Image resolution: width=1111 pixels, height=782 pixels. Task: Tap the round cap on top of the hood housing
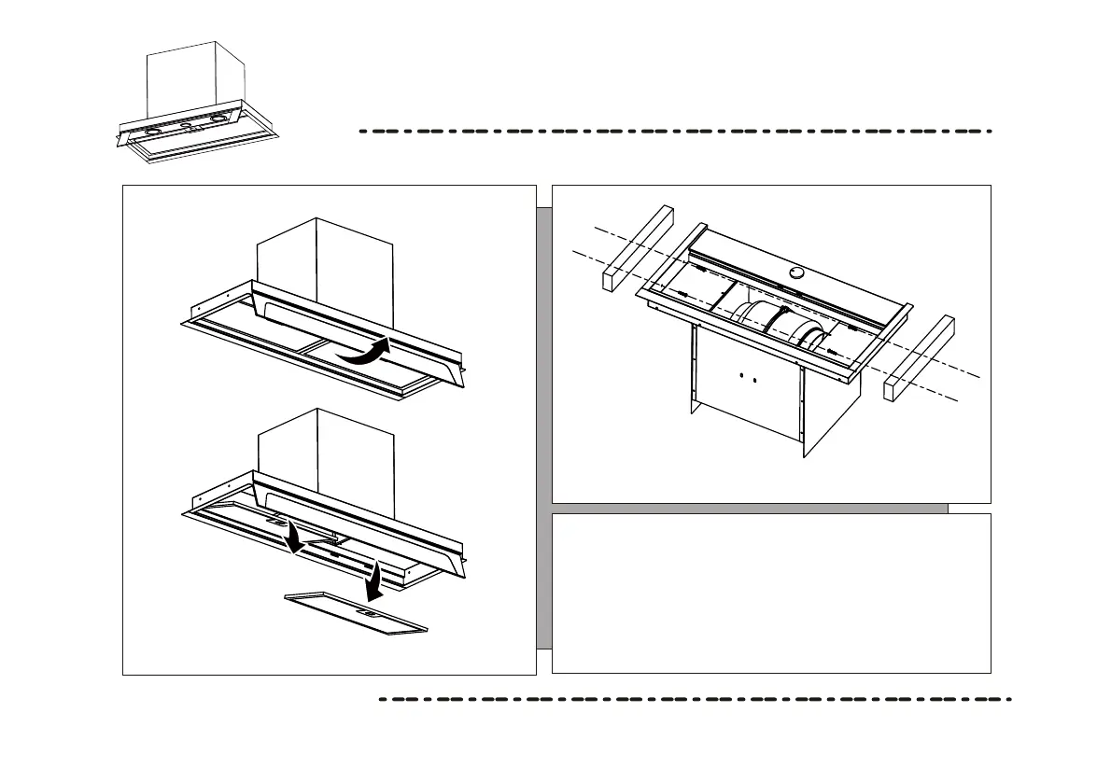coord(797,272)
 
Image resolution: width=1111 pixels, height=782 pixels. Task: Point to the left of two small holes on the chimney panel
coord(740,378)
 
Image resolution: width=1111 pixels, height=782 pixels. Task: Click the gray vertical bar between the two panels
coord(543,429)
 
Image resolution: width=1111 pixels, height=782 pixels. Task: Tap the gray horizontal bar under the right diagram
coord(747,509)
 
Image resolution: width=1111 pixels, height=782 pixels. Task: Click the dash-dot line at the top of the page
coord(672,132)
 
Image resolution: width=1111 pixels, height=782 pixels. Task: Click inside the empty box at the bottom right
coord(770,593)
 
